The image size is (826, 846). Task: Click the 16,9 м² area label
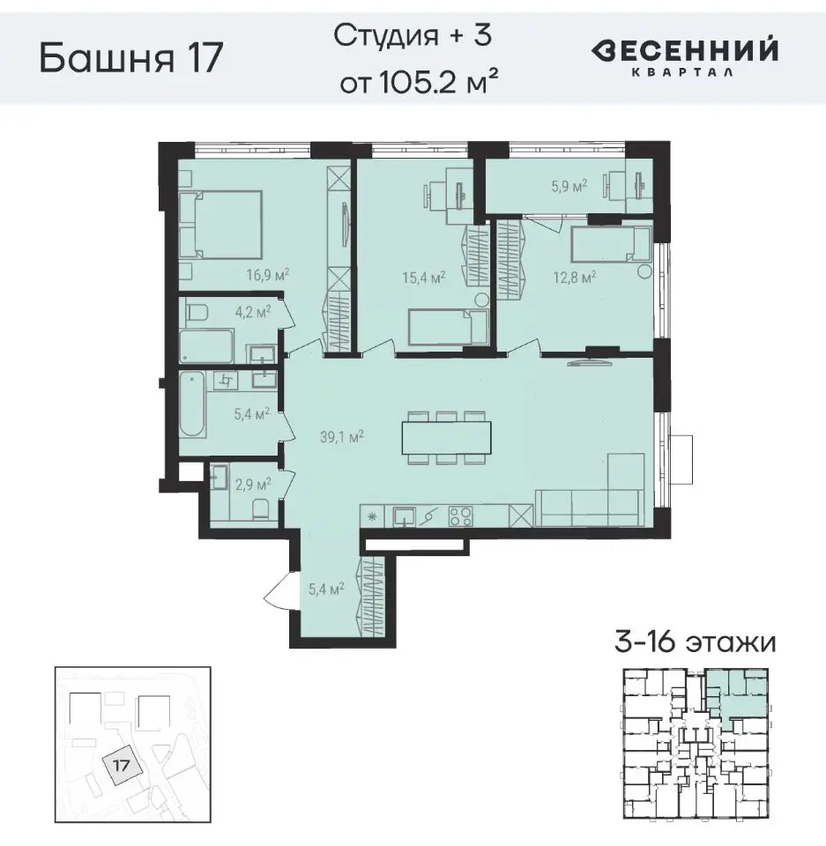coord(269,274)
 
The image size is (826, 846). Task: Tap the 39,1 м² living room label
coord(344,435)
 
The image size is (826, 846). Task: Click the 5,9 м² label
coord(569,186)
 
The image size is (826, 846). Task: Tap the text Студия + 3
coord(413,37)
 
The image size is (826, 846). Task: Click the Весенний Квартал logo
coord(684,56)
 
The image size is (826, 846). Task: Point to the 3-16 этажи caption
coord(695,642)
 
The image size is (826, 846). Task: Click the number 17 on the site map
coord(122,765)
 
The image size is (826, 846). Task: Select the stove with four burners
coord(460,516)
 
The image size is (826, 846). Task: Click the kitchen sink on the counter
coord(405,516)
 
